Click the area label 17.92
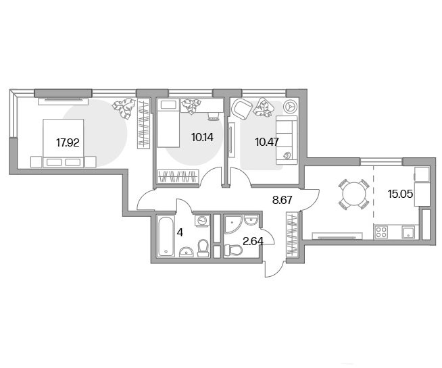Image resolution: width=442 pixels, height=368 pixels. pyautogui.click(x=68, y=142)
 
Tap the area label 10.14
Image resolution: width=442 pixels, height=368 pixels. pyautogui.click(x=202, y=137)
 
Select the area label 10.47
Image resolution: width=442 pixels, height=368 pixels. pyautogui.click(x=267, y=142)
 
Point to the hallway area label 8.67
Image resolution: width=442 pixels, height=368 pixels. pyautogui.click(x=283, y=200)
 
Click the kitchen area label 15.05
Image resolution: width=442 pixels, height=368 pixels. pyautogui.click(x=400, y=194)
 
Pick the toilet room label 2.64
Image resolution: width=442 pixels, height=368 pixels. pyautogui.click(x=253, y=241)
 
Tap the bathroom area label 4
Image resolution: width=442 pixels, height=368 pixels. pyautogui.click(x=180, y=233)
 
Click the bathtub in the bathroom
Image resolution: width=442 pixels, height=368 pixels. pyautogui.click(x=166, y=236)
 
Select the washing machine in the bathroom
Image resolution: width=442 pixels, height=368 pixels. pyautogui.click(x=202, y=220)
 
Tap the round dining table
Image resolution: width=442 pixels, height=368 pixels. pyautogui.click(x=353, y=194)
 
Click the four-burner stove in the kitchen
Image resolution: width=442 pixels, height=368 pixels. pyautogui.click(x=381, y=232)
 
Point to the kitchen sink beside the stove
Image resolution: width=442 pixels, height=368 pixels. pyautogui.click(x=408, y=232)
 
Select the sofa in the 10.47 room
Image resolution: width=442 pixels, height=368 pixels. pyautogui.click(x=287, y=140)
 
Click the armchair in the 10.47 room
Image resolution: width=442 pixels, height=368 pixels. pyautogui.click(x=241, y=109)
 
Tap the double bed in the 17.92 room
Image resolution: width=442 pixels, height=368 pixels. pyautogui.click(x=63, y=143)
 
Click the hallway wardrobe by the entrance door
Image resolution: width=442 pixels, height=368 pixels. pyautogui.click(x=292, y=234)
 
